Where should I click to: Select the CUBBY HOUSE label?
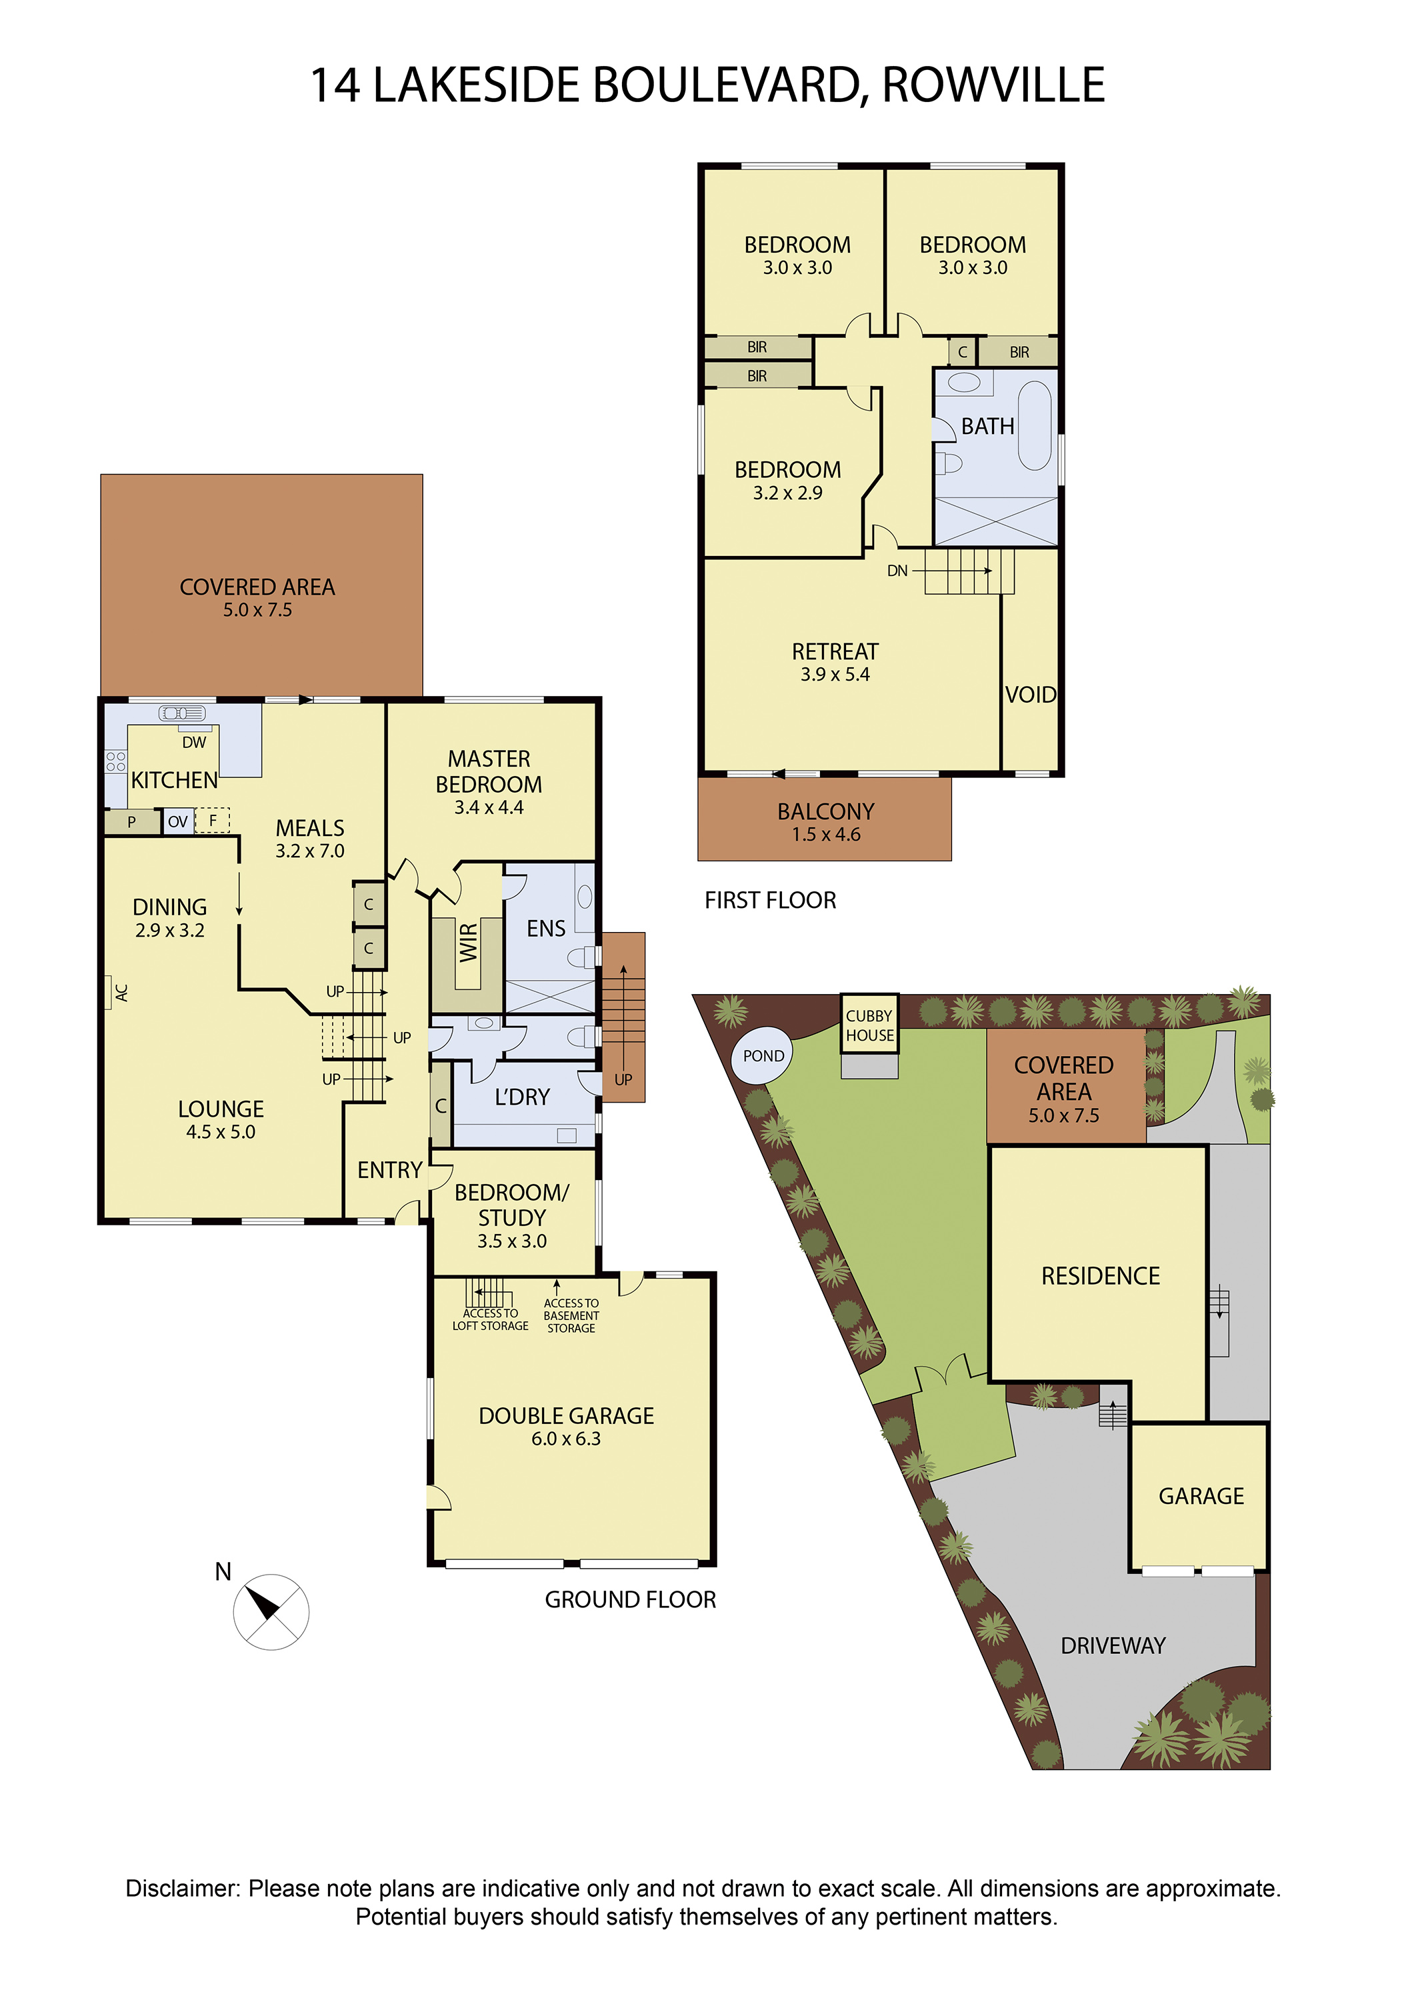[x=869, y=1025]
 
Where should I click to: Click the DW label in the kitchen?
[x=194, y=742]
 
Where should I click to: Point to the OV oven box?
[x=178, y=821]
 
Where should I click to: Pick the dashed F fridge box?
[x=212, y=821]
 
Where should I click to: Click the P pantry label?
[x=131, y=821]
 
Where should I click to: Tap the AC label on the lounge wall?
[x=122, y=992]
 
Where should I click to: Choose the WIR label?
[x=469, y=943]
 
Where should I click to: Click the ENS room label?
[x=546, y=929]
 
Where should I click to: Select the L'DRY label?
[x=522, y=1097]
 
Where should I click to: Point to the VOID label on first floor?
[x=1031, y=694]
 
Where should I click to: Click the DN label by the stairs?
[x=897, y=571]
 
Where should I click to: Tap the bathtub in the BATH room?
[x=1035, y=425]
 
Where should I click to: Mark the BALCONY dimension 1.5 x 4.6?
[x=826, y=835]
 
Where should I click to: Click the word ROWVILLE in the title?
[x=994, y=85]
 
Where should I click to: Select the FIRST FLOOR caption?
[x=770, y=900]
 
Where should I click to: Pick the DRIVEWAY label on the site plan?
[x=1113, y=1645]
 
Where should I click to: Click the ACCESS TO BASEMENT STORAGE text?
[x=571, y=1316]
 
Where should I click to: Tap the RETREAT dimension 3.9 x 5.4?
[x=835, y=674]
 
